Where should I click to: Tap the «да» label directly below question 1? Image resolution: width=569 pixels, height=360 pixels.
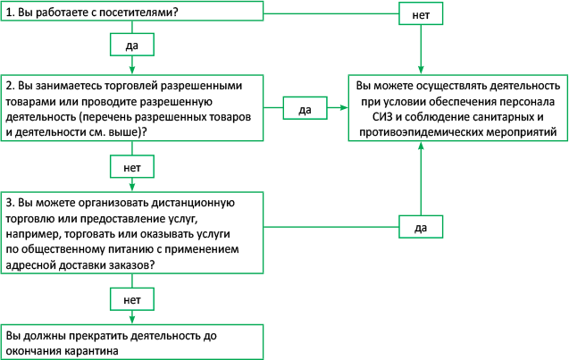coord(131,42)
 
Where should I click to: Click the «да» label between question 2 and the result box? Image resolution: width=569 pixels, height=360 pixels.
coord(304,109)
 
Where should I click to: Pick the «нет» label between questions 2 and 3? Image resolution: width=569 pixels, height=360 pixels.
coord(131,166)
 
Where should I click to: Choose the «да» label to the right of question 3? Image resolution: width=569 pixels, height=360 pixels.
coord(419,228)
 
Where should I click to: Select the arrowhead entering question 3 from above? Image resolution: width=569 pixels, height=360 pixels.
coord(131,188)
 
